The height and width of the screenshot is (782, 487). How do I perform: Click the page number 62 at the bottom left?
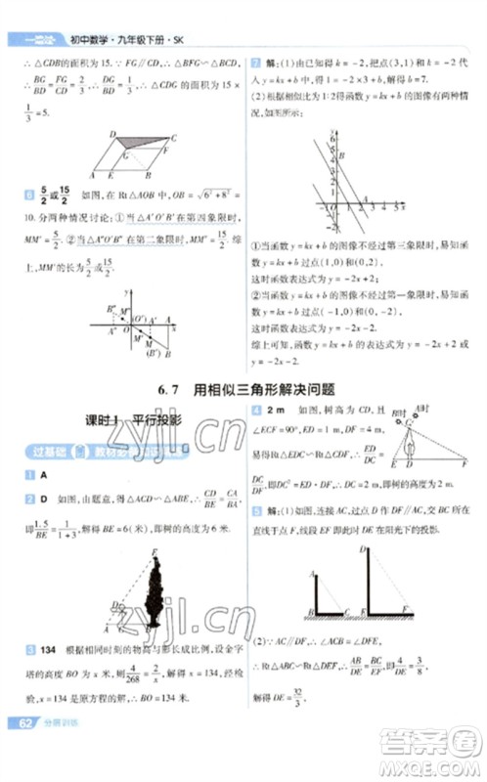[x=21, y=750]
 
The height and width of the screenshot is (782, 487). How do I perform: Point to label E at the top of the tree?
[x=155, y=552]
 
